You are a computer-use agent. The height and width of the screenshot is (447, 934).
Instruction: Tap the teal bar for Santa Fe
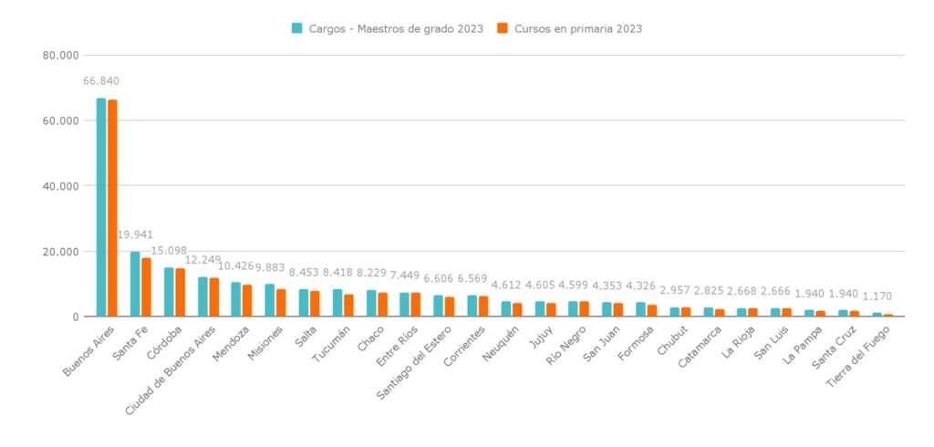(135, 284)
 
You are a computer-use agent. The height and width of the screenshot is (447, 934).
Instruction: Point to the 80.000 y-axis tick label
(62, 55)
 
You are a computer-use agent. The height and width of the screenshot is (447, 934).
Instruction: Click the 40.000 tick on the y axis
(62, 186)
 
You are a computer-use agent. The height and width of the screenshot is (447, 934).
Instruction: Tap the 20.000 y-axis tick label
(62, 252)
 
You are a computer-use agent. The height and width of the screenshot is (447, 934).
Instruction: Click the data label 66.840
(101, 81)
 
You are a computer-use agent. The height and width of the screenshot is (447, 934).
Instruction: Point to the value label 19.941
(135, 234)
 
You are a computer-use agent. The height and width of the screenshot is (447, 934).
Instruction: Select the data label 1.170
(876, 296)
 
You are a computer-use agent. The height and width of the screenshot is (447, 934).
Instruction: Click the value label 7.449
(404, 275)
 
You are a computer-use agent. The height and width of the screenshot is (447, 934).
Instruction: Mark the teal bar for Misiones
(269, 300)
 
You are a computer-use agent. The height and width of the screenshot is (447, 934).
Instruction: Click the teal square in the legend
(296, 28)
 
